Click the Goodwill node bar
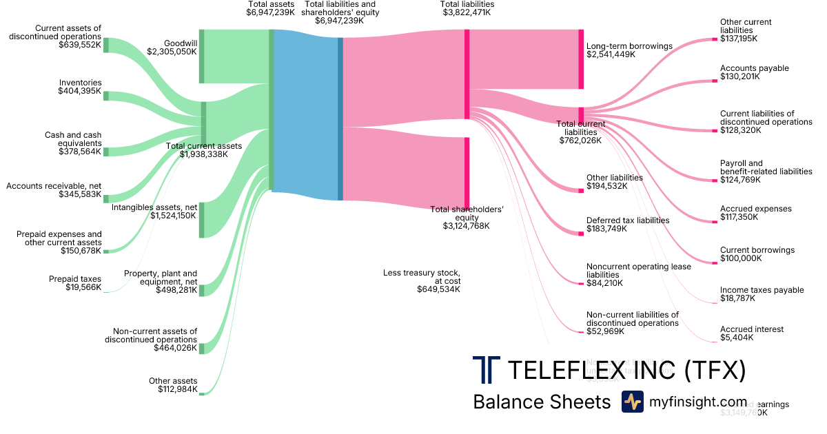201,56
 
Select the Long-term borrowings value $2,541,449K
611,54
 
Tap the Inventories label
80,83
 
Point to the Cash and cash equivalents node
105,152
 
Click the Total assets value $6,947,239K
272,12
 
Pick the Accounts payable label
754,68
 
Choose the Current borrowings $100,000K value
741,258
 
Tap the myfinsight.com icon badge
632,402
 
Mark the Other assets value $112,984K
177,389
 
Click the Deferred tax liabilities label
628,220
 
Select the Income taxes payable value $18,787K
737,298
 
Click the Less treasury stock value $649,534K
438,289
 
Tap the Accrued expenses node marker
714,222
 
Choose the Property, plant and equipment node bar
201,290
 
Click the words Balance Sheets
542,402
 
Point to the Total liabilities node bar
467,74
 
